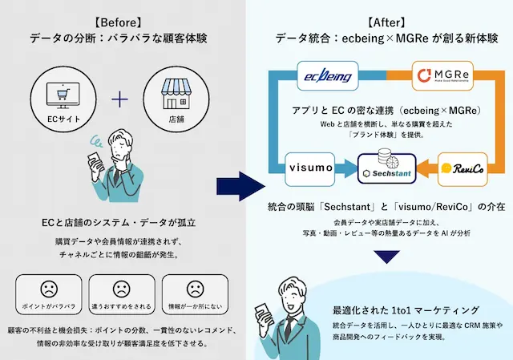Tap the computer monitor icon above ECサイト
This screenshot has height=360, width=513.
click(61, 97)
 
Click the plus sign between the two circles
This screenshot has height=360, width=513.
click(119, 100)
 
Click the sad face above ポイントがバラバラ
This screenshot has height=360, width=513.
click(47, 289)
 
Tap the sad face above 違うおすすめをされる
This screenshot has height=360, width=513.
click(121, 289)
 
